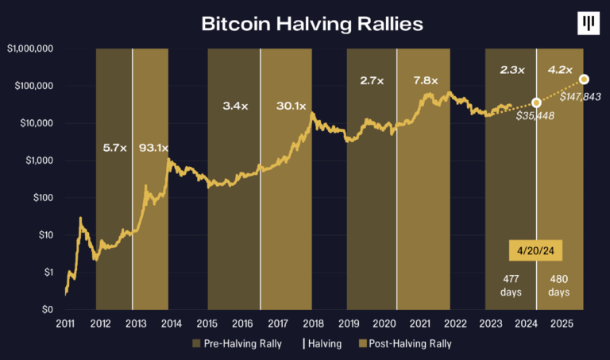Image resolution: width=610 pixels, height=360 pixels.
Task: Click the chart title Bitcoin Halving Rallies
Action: click(x=312, y=24)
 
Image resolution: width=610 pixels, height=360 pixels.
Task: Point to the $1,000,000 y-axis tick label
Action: click(x=30, y=48)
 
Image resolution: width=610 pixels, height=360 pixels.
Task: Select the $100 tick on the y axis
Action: click(x=42, y=198)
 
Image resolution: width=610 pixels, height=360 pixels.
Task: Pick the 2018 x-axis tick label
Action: click(x=314, y=324)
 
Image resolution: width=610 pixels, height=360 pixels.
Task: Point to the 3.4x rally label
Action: click(x=235, y=106)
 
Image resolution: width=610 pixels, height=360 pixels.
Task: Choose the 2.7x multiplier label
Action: click(x=373, y=80)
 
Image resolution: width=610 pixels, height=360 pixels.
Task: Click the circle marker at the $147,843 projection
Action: click(x=585, y=79)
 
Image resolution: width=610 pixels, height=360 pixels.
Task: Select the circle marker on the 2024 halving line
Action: click(x=537, y=103)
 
